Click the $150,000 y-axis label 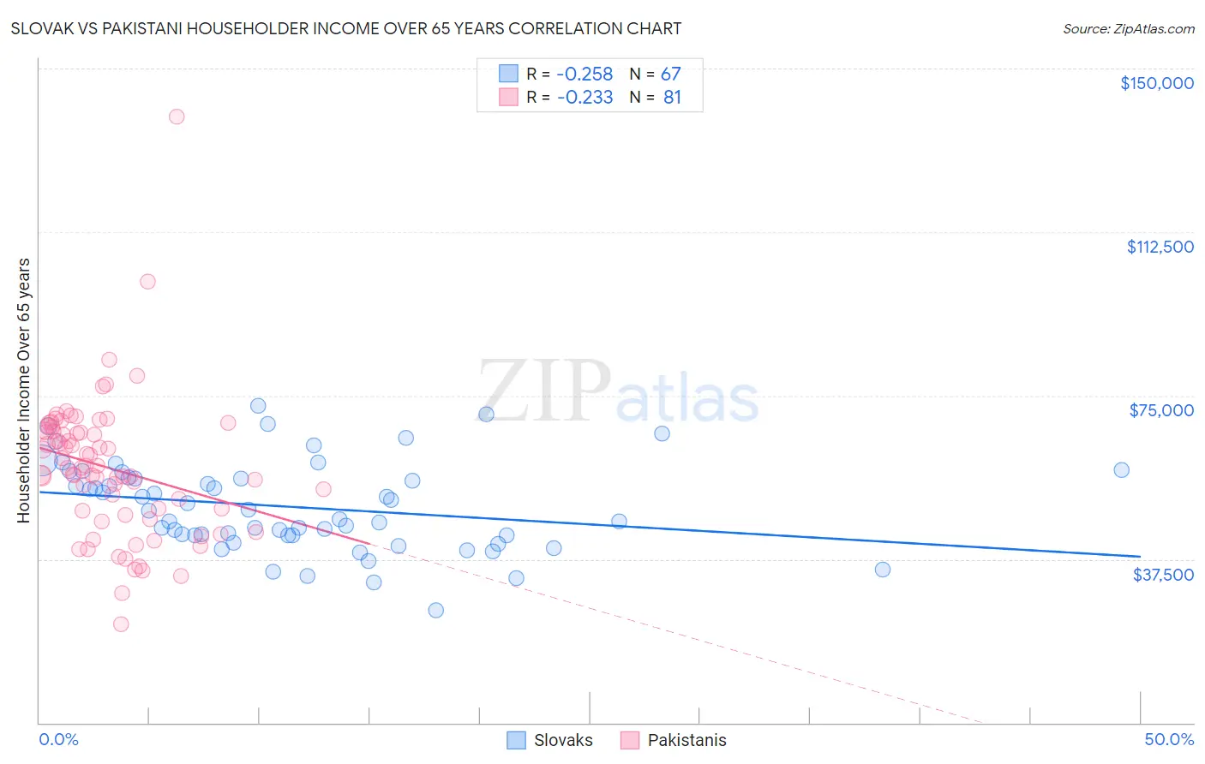click(1156, 83)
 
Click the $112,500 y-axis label click(1160, 247)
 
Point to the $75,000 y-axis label click(1161, 410)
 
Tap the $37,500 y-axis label click(1163, 575)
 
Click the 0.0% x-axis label click(58, 739)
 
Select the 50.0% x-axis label click(1169, 739)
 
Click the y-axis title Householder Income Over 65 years click(24, 390)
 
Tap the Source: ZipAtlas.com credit click(1128, 28)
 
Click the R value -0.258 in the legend click(585, 75)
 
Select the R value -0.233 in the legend click(585, 98)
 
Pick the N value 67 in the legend click(670, 75)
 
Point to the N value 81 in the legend click(672, 98)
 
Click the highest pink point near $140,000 click(177, 116)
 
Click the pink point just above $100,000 click(147, 281)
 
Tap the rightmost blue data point click(1121, 469)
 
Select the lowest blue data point click(435, 610)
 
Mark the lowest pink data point click(121, 624)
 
